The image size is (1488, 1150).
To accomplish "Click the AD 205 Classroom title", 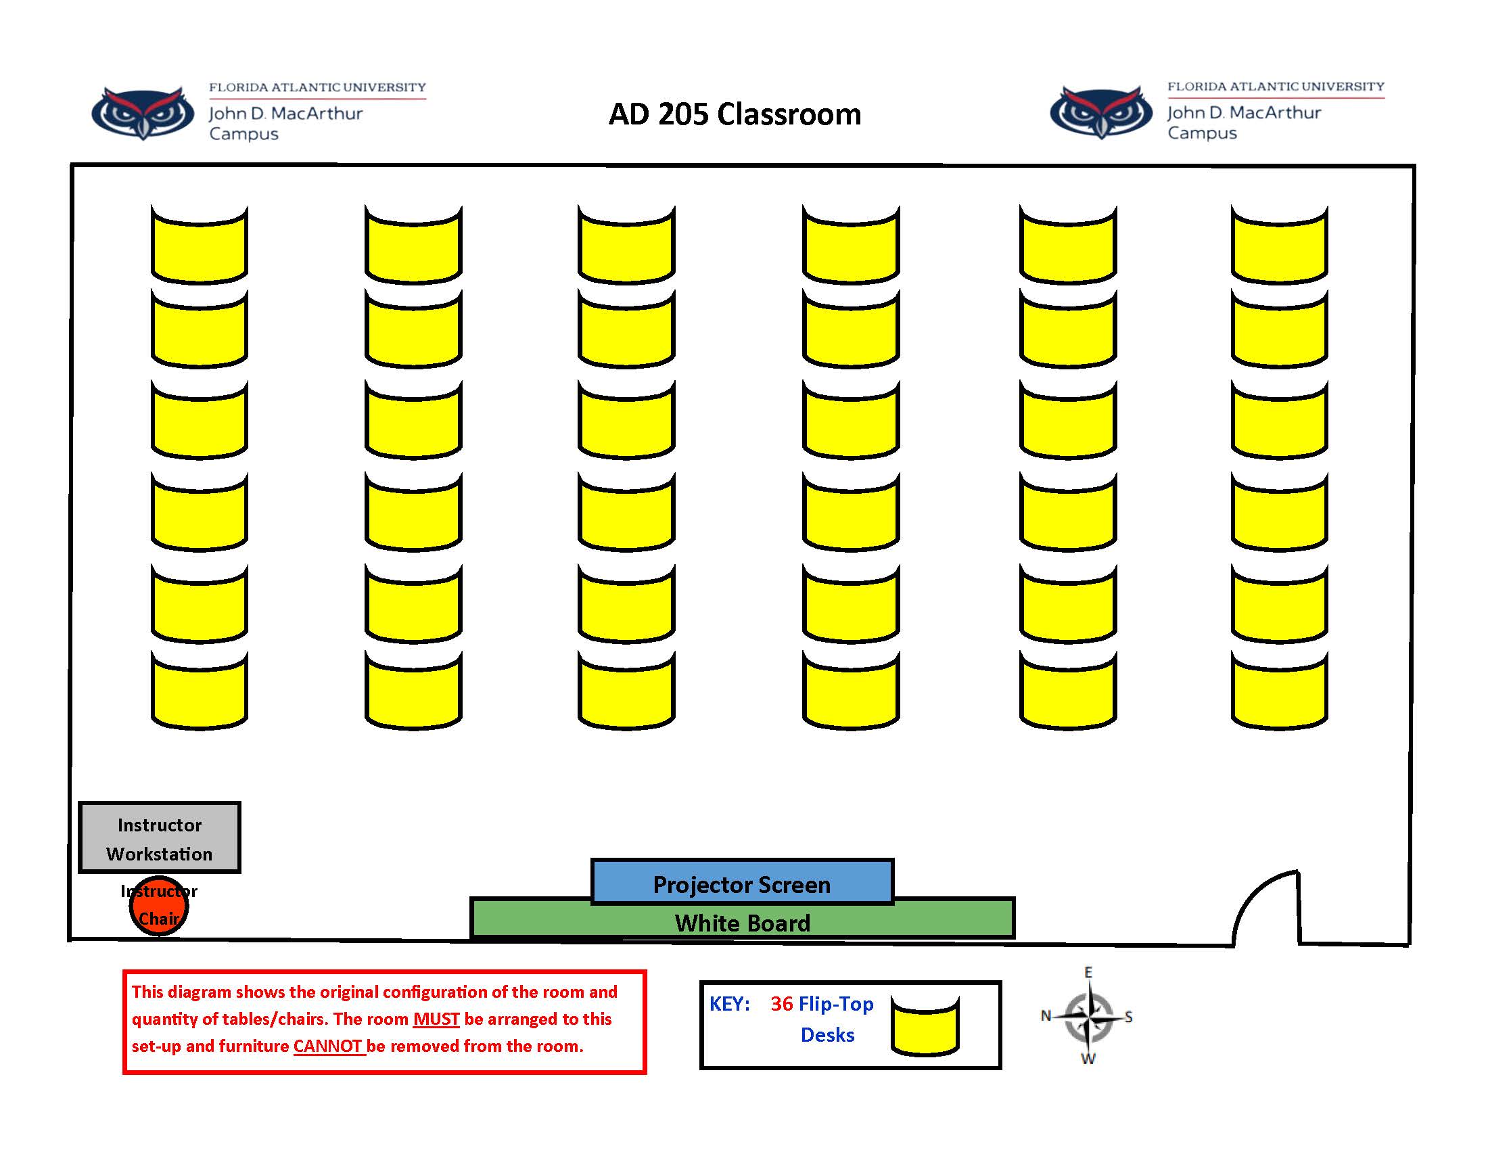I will (x=735, y=114).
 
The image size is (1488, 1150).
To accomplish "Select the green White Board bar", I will (x=741, y=922).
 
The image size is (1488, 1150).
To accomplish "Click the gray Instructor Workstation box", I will (x=160, y=837).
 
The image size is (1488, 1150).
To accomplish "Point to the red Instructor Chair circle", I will (x=159, y=906).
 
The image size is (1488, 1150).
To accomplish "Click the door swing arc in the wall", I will (x=1261, y=899).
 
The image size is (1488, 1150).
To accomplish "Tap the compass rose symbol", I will (x=1088, y=1017).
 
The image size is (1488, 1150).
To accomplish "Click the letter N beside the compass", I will (x=1046, y=1016).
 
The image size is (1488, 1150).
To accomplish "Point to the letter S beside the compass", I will (x=1129, y=1017).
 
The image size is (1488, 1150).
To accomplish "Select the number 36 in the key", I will (x=781, y=1003).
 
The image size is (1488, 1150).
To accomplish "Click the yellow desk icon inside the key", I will (x=925, y=1027).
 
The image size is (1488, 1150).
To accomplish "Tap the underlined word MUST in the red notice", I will (x=436, y=1019).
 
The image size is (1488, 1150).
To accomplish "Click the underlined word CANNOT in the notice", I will (x=329, y=1046).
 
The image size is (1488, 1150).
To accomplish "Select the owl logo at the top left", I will (x=143, y=112).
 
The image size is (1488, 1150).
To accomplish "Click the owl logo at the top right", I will (x=1101, y=112).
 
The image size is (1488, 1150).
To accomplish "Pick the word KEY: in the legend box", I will (x=729, y=1003).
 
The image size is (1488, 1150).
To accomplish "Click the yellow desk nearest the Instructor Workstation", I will (x=199, y=690).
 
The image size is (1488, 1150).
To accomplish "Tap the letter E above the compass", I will (x=1088, y=972).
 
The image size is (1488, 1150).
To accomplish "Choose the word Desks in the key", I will (x=827, y=1035).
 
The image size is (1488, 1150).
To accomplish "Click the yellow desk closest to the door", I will (x=1279, y=690).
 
